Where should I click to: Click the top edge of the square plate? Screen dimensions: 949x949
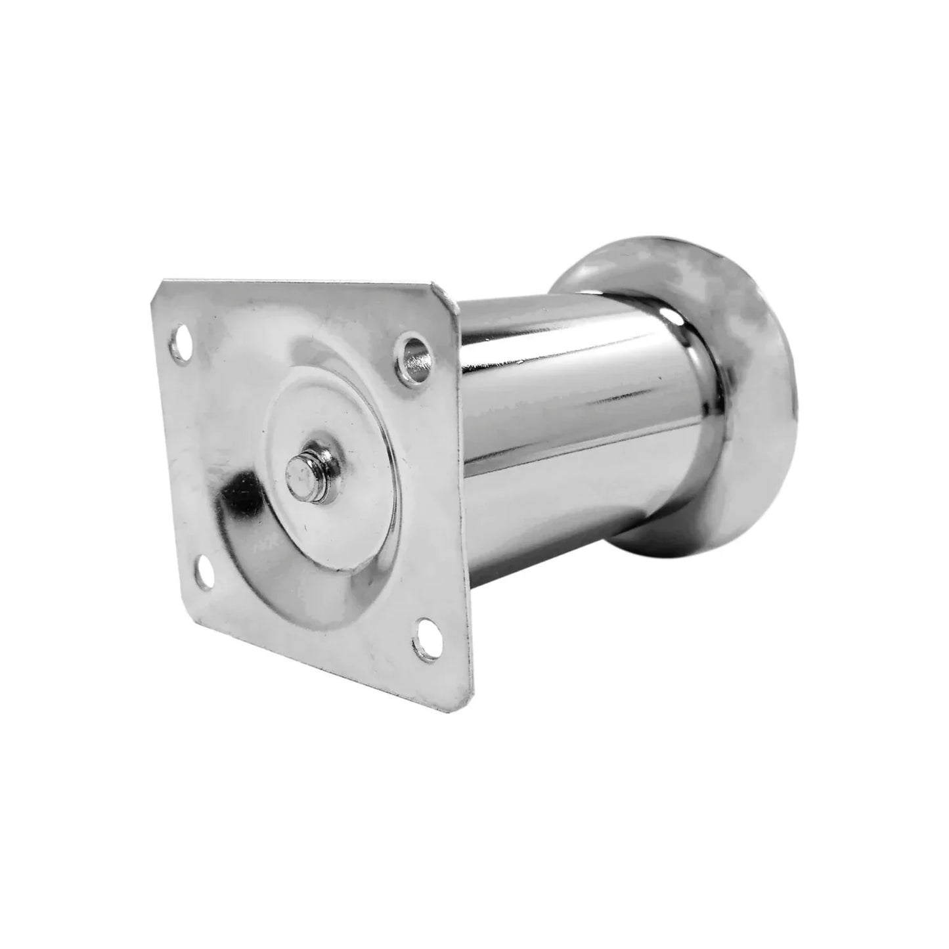pyautogui.click(x=296, y=284)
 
